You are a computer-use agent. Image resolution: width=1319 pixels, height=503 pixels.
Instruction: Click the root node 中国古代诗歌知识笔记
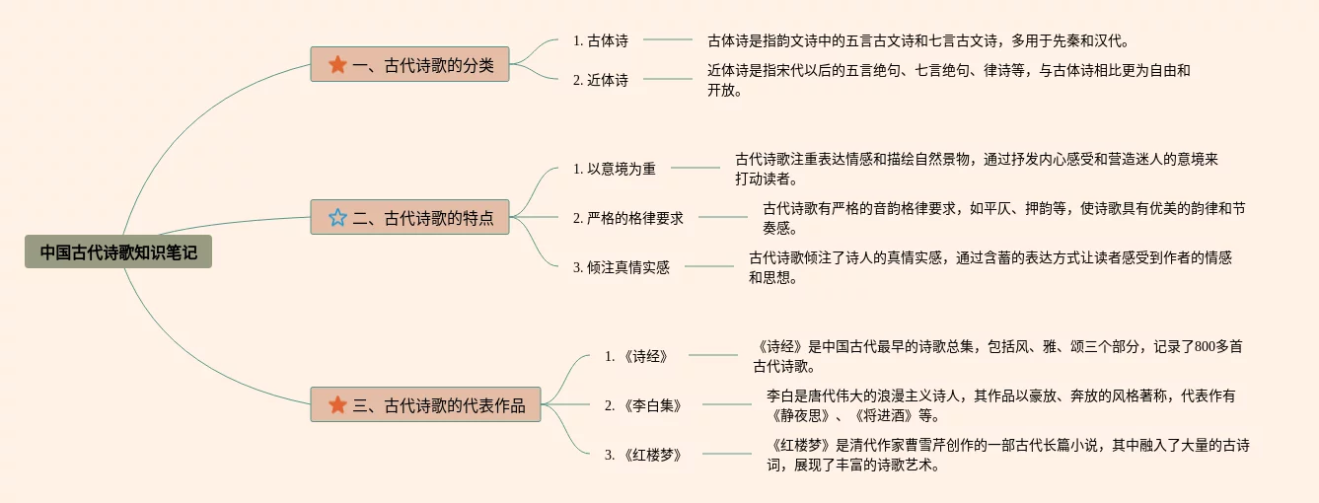pos(118,252)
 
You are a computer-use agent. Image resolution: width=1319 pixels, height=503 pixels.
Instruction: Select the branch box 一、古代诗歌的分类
pos(409,65)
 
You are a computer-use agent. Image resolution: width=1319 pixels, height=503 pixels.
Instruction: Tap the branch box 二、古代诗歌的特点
pos(409,217)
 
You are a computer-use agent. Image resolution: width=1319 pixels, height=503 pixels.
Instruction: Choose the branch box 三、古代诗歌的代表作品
pos(425,404)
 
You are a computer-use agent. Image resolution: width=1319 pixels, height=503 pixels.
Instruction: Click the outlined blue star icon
pos(337,217)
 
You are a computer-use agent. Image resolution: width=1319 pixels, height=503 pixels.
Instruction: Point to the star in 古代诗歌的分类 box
pos(337,65)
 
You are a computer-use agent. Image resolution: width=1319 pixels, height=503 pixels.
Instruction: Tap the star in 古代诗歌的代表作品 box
pos(337,404)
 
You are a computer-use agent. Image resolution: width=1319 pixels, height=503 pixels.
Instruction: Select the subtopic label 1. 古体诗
pos(600,40)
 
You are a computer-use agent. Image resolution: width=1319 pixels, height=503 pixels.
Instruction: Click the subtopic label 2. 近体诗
pos(600,80)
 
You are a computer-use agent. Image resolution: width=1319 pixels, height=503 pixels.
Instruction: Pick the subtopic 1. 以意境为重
pos(614,169)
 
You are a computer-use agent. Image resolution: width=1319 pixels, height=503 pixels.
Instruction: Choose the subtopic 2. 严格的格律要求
pos(627,218)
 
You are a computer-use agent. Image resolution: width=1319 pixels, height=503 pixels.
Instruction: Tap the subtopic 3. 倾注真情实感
pos(621,267)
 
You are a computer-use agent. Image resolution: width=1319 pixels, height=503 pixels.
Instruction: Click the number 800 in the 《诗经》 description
pos(1205,346)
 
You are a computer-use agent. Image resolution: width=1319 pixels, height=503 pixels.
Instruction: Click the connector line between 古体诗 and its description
pos(668,40)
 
